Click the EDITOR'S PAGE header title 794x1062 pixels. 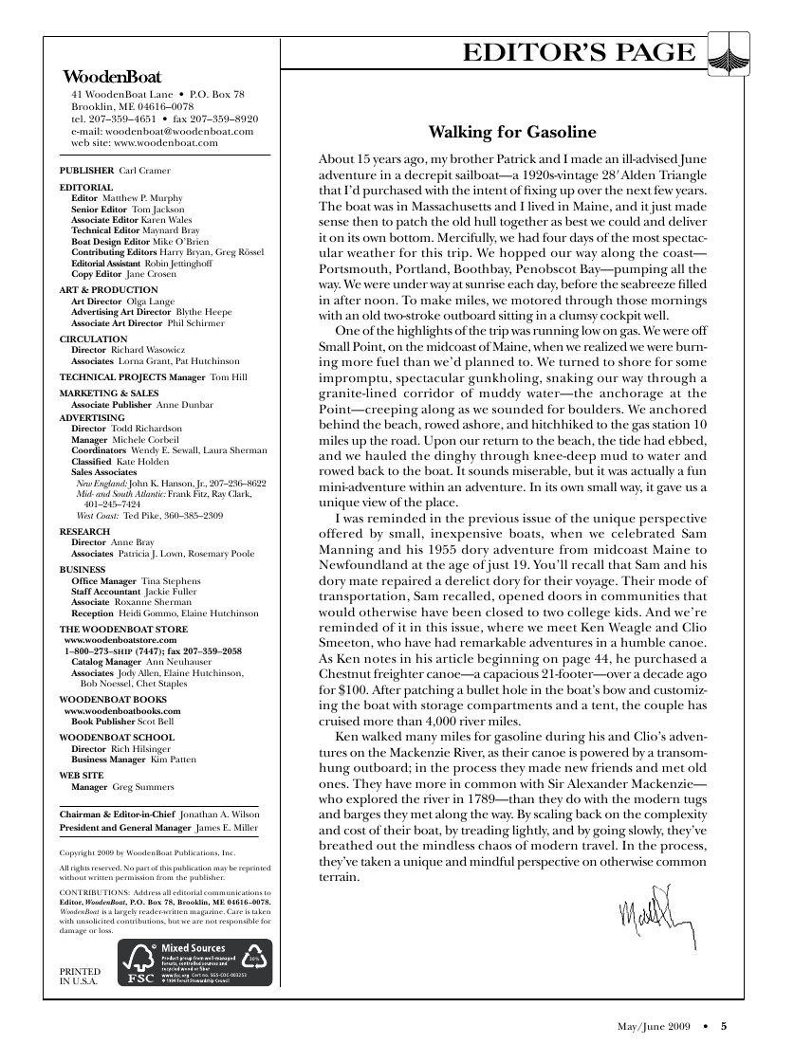coord(578,53)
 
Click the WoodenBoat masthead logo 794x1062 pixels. coord(111,77)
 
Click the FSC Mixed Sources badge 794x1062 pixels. coord(194,961)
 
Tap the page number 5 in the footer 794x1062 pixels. coord(724,1025)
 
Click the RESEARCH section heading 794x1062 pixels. coord(85,532)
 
